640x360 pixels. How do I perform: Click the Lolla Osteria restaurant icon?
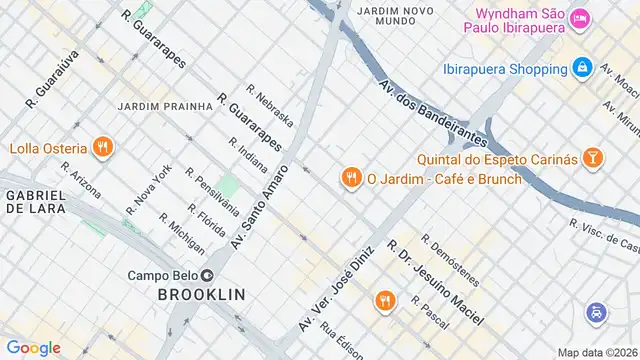[102, 149]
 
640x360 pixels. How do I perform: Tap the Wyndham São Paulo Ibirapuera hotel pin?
[580, 18]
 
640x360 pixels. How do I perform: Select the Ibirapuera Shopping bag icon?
[581, 69]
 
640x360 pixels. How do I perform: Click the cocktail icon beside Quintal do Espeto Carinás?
[593, 157]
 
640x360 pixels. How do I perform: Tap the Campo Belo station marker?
[207, 275]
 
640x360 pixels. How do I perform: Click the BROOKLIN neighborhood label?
[201, 294]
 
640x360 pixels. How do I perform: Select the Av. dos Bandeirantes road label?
[432, 111]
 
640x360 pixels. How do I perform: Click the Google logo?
[33, 347]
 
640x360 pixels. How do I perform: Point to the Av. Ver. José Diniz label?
[336, 289]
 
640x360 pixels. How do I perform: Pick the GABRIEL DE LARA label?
[33, 200]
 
